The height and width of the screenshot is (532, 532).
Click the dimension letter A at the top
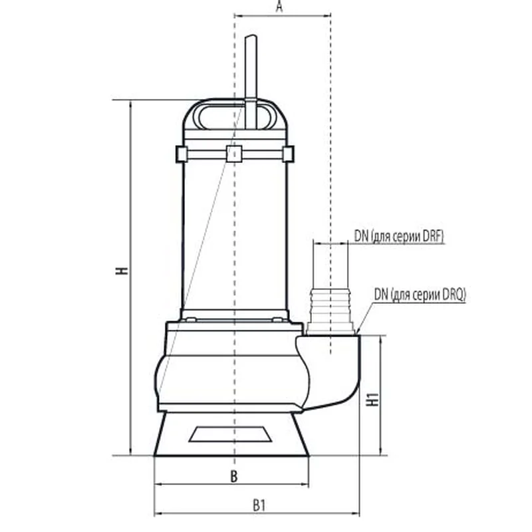click(279, 6)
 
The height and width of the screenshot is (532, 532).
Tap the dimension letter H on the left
click(122, 271)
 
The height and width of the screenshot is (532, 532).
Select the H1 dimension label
click(372, 400)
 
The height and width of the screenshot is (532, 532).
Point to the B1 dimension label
click(259, 505)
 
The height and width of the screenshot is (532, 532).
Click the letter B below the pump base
click(234, 477)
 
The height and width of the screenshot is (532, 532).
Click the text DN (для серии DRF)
click(398, 236)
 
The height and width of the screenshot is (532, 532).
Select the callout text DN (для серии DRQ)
click(420, 295)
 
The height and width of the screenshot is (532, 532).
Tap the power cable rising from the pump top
click(251, 81)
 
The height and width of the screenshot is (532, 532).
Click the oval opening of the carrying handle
click(235, 117)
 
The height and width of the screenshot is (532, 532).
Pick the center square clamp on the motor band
click(234, 154)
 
